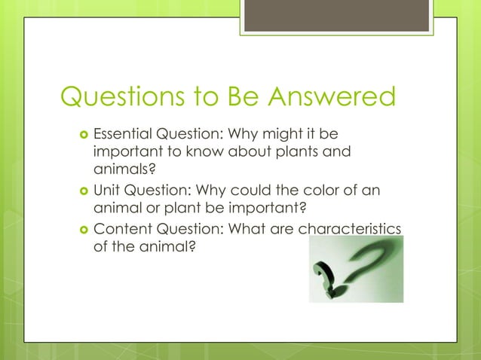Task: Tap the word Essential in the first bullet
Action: coord(121,136)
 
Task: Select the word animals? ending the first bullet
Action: coord(121,172)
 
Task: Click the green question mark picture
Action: coord(356,269)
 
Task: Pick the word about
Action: coord(234,154)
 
